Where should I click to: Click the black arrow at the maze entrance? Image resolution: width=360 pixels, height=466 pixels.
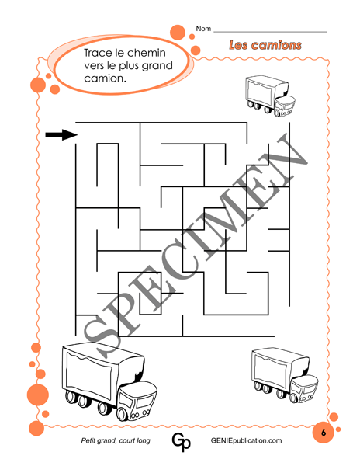61,134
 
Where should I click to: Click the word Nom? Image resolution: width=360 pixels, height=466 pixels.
203,29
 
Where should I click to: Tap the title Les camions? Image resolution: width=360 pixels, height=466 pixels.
265,45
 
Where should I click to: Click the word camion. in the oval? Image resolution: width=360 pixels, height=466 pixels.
105,78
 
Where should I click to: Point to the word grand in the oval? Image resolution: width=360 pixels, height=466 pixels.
157,66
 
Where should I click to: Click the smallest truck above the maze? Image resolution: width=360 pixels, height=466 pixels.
271,96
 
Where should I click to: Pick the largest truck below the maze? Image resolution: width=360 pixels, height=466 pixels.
109,381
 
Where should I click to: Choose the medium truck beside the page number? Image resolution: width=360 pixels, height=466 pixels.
285,375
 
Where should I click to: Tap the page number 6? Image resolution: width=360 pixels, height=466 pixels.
324,432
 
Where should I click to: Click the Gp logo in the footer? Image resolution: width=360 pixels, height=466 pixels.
181,442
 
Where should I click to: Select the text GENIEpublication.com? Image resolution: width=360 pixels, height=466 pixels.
246,440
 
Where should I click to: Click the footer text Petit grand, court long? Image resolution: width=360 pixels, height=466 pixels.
116,440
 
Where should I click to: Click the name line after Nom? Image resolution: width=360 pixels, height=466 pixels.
270,32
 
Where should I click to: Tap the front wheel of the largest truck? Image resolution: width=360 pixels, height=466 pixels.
123,414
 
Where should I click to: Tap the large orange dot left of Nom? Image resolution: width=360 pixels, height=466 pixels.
178,32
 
